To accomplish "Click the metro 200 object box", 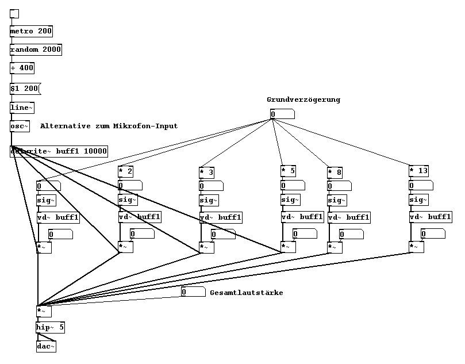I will [31, 31].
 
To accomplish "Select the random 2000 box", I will [36, 49].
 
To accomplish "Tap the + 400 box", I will [22, 68].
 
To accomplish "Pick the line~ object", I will [22, 108].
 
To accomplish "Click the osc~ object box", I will [20, 126].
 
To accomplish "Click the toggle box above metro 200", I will [14, 13].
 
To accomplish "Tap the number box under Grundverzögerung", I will [282, 114].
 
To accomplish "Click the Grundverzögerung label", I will [303, 99].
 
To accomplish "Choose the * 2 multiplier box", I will [126, 171].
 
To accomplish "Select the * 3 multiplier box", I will [207, 172].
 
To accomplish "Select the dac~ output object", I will [46, 346].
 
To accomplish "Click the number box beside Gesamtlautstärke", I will [193, 292].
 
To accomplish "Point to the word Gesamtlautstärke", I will [246, 293].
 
